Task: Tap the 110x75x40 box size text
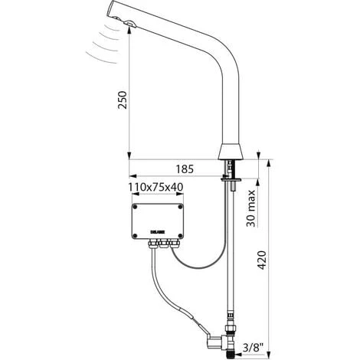tap(155, 186)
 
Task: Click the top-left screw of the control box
tap(135, 205)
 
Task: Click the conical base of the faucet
tap(232, 151)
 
